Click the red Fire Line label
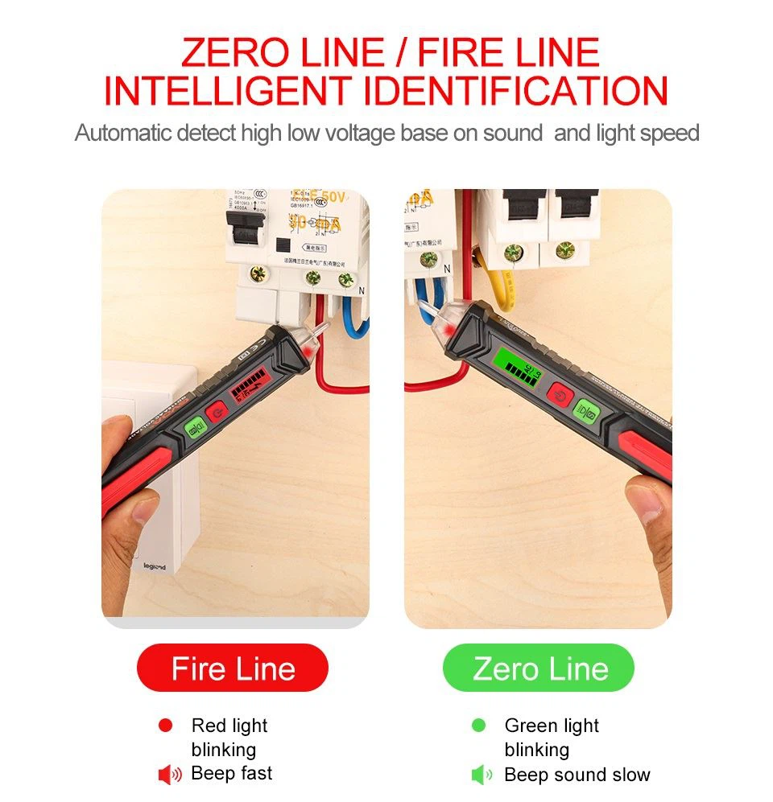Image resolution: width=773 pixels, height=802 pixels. [233, 668]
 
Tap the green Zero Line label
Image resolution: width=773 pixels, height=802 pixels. [539, 668]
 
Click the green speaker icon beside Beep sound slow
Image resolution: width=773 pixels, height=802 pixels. [482, 775]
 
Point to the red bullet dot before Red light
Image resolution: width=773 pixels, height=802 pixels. [166, 726]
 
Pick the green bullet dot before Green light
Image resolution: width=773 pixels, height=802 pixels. [479, 726]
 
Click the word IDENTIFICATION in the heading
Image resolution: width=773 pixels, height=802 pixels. [516, 92]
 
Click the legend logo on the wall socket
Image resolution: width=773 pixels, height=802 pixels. [154, 567]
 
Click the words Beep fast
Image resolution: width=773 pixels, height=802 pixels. [232, 774]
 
